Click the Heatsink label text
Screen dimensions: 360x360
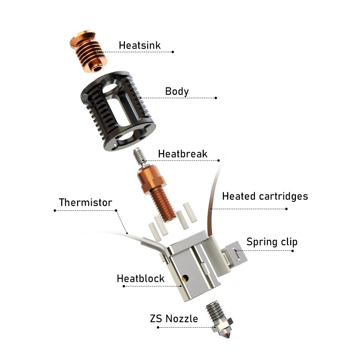point(140,45)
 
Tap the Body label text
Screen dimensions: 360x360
point(177,91)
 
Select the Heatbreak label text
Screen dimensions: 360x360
point(183,154)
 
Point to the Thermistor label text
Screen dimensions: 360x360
point(85,202)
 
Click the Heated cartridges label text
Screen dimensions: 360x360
point(265,196)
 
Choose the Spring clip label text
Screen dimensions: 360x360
point(272,241)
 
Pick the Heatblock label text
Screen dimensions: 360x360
point(140,278)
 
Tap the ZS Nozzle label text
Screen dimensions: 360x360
point(174,319)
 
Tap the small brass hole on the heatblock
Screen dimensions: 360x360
point(185,278)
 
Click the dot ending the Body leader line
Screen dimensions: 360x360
point(216,98)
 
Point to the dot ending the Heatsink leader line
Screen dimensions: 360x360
point(173,52)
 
